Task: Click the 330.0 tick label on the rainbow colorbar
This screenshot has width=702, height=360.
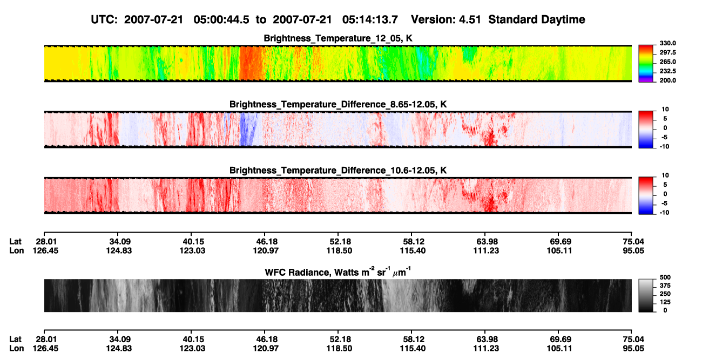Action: point(667,43)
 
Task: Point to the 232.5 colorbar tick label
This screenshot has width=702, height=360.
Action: point(667,71)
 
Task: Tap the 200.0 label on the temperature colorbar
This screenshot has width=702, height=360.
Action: point(667,80)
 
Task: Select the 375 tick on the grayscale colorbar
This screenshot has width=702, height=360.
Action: point(665,286)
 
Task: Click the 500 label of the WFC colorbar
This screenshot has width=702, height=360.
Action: point(665,277)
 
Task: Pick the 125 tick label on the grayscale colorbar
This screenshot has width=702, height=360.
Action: point(665,302)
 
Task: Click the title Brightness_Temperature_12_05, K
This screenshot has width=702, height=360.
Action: point(338,38)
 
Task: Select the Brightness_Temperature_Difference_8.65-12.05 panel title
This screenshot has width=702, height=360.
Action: point(338,104)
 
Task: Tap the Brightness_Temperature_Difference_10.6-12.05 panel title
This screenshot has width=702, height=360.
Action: point(338,171)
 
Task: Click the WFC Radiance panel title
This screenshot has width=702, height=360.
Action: point(338,271)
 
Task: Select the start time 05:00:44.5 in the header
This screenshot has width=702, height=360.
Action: point(221,20)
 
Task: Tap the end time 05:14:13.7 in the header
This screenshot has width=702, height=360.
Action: point(370,20)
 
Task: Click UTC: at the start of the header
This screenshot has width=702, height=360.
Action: point(104,20)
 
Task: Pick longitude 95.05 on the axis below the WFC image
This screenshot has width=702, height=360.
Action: point(633,349)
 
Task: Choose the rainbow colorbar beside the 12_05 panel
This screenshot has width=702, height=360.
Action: point(646,64)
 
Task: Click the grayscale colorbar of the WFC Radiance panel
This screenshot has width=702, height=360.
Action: point(646,295)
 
